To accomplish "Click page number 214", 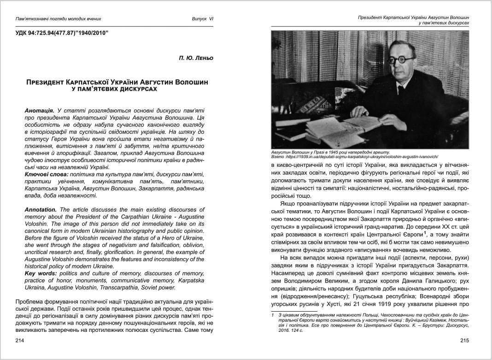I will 19,341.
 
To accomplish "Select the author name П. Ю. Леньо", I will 195,59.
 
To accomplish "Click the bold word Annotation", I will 41,210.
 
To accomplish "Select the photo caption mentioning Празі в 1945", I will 330,152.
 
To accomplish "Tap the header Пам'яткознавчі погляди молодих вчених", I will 58,19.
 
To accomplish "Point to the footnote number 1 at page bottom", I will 273,315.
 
